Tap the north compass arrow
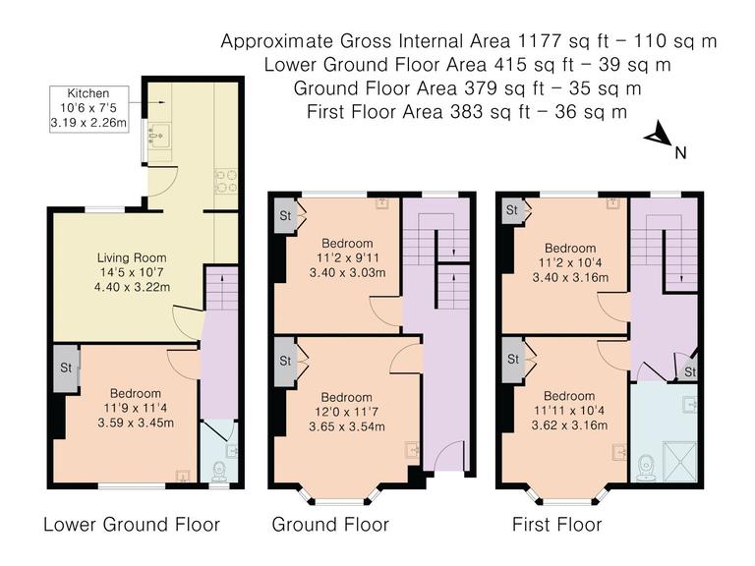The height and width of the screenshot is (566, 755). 658,139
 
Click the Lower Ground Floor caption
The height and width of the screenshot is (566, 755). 131,524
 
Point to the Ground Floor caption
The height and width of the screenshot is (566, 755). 330,524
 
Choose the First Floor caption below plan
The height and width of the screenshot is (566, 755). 557,524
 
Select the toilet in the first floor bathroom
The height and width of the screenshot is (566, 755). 646,467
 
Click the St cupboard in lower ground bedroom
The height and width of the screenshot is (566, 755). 65,368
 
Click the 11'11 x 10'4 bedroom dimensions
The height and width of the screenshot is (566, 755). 570,412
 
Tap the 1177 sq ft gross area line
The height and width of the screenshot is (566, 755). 469,41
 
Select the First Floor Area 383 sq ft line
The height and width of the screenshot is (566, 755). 467,111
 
